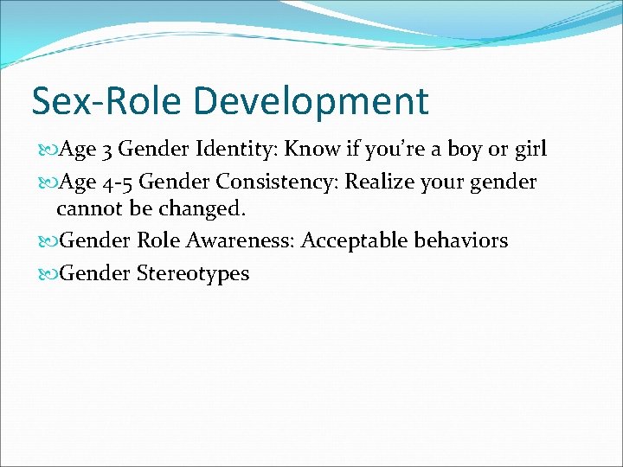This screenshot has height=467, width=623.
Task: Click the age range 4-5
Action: (x=117, y=182)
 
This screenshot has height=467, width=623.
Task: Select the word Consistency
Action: (x=275, y=182)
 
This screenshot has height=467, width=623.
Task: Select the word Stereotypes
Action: (x=192, y=274)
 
